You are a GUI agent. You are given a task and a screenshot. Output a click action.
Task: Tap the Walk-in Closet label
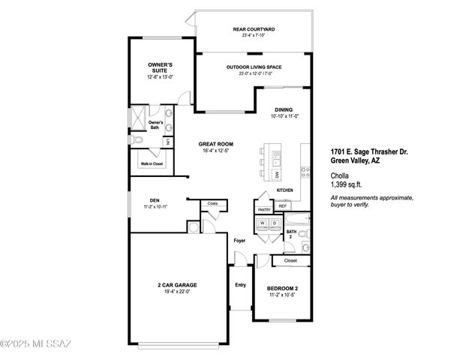[152, 163]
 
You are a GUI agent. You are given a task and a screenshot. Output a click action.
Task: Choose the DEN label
[155, 200]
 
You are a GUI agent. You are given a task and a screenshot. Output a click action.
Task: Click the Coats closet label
[212, 203]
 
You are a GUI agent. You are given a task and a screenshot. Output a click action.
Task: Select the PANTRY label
[264, 211]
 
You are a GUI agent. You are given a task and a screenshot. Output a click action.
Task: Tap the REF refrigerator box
[282, 205]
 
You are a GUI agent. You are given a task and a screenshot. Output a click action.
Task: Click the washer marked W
[263, 223]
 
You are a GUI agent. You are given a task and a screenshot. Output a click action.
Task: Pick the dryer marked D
[275, 223]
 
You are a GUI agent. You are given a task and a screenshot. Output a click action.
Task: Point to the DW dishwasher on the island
[276, 175]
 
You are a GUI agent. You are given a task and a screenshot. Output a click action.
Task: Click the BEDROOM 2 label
[283, 289]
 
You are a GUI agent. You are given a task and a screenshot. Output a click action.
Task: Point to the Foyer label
[239, 241]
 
